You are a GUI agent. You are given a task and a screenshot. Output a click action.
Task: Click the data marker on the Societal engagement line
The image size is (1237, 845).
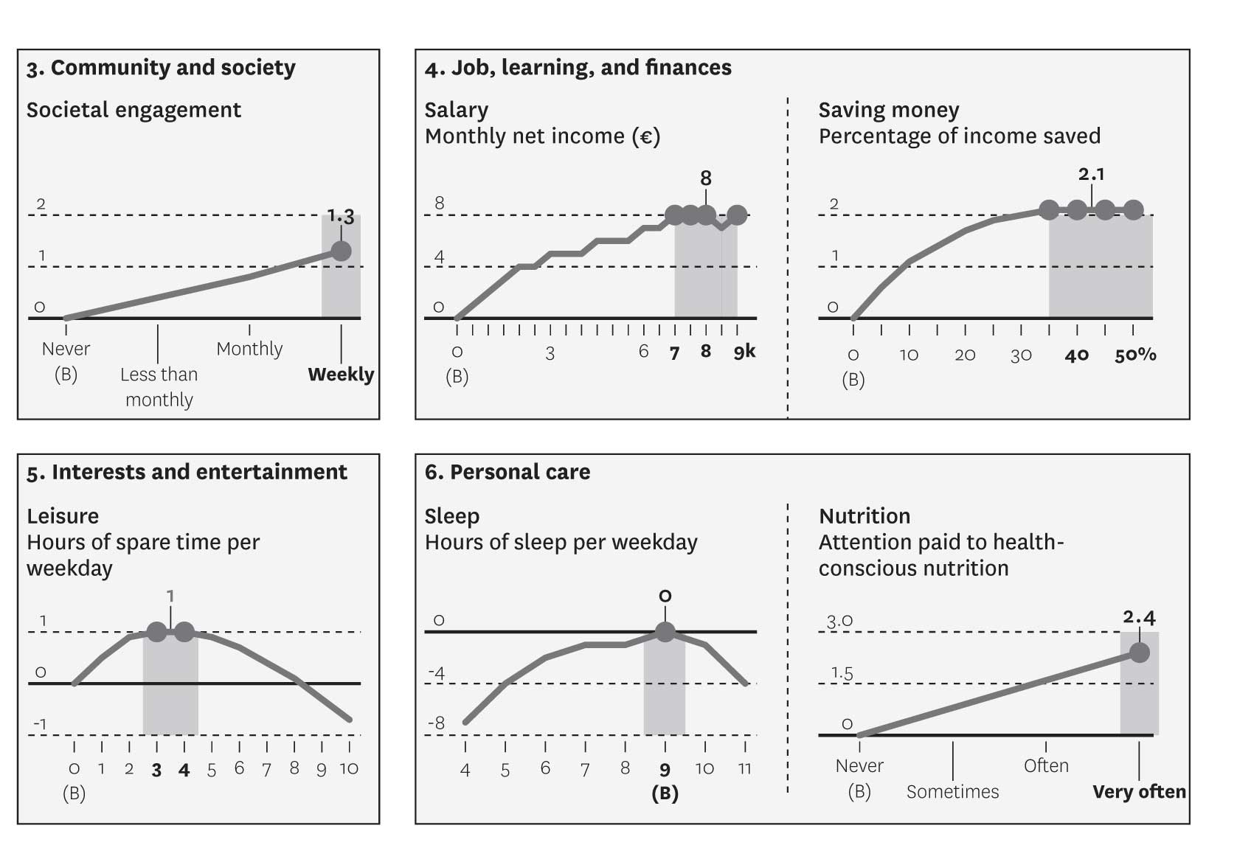[x=341, y=251]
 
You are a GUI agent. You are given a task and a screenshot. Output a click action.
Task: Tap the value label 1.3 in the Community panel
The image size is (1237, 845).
[x=341, y=217]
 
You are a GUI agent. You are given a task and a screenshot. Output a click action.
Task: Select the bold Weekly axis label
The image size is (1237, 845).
[x=341, y=375]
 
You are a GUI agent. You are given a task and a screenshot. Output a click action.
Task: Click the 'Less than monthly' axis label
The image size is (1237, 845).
[x=159, y=386]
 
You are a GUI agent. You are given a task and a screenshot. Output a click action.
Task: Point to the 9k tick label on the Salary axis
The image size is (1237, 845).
[x=744, y=352]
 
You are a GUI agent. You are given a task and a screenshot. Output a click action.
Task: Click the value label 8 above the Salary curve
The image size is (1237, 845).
[x=706, y=178]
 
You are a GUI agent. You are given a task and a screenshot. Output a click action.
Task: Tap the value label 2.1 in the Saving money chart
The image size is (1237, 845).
[x=1091, y=175]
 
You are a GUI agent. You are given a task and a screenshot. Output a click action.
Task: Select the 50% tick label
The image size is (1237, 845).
[x=1135, y=355]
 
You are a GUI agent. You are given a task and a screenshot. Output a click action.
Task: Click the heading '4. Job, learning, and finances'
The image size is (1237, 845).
[x=578, y=68]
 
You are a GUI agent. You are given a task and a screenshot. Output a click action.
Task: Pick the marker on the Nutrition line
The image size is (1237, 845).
[x=1140, y=653]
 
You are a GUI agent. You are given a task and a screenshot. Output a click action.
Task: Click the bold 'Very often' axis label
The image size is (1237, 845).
[x=1139, y=792]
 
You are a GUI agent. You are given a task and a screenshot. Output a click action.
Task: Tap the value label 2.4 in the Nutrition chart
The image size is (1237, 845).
[x=1139, y=617]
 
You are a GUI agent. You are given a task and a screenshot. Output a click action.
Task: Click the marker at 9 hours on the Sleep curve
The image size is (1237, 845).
[x=665, y=632]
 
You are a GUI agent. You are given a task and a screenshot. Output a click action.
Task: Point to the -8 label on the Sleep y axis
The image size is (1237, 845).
[x=437, y=723]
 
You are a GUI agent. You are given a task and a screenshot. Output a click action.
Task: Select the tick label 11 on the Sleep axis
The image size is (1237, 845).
[x=744, y=769]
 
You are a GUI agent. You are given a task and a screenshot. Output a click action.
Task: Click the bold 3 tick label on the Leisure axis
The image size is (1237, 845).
[x=156, y=771]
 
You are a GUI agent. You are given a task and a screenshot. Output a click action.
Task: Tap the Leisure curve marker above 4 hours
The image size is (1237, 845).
[x=184, y=632]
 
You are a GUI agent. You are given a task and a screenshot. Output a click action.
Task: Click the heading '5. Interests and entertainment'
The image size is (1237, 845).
[x=187, y=473]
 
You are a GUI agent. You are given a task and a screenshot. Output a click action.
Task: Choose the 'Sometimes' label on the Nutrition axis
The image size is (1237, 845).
[x=952, y=792]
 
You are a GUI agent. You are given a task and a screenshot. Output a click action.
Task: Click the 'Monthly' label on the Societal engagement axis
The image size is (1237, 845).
[x=249, y=349]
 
